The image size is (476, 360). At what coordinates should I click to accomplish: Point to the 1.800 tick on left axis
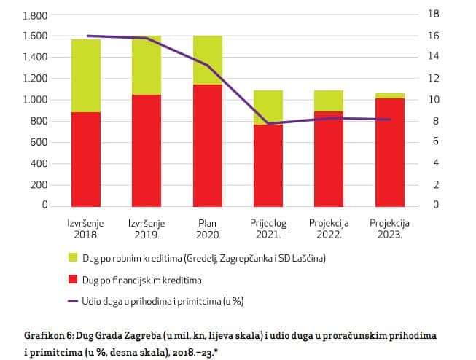click(x=34, y=15)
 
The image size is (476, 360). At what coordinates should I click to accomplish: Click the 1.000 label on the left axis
click(x=34, y=99)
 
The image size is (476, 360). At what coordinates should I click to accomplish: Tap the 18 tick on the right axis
click(x=433, y=14)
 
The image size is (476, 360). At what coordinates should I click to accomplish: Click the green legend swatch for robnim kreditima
click(x=72, y=258)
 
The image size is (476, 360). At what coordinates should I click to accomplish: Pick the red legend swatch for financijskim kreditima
click(x=72, y=279)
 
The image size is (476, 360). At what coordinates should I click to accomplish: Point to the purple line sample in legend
click(x=72, y=300)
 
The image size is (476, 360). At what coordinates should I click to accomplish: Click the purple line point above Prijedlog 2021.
click(x=268, y=124)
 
